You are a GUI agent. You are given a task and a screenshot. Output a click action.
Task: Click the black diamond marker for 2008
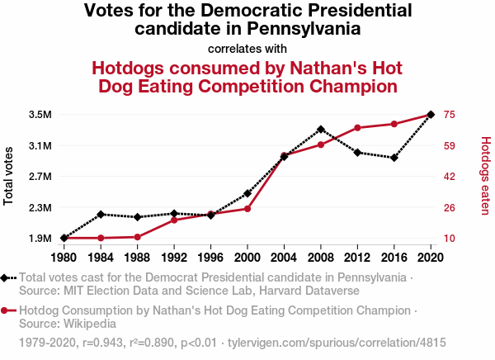tap(321, 130)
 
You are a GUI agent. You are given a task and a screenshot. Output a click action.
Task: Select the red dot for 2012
tap(357, 128)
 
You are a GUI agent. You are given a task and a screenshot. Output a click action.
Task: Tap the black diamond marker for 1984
tap(101, 215)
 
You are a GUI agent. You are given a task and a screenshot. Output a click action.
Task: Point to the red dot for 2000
tap(247, 209)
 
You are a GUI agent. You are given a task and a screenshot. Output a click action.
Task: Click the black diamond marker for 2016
tap(394, 158)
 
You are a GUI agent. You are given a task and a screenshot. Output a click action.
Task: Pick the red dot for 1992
tap(174, 220)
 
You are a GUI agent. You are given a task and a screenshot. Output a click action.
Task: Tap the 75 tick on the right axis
tap(450, 114)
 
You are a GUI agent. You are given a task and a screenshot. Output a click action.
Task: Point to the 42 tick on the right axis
tap(450, 177)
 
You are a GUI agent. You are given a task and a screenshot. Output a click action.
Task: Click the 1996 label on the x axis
tap(210, 256)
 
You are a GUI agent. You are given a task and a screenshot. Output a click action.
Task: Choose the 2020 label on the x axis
tap(431, 256)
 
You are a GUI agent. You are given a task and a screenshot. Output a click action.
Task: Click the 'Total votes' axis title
tap(9, 175)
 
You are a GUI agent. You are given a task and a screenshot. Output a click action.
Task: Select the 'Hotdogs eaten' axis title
tap(485, 175)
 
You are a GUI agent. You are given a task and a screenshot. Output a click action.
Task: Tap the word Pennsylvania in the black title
tap(304, 28)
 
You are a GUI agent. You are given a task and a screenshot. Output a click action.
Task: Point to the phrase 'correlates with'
tap(247, 48)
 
